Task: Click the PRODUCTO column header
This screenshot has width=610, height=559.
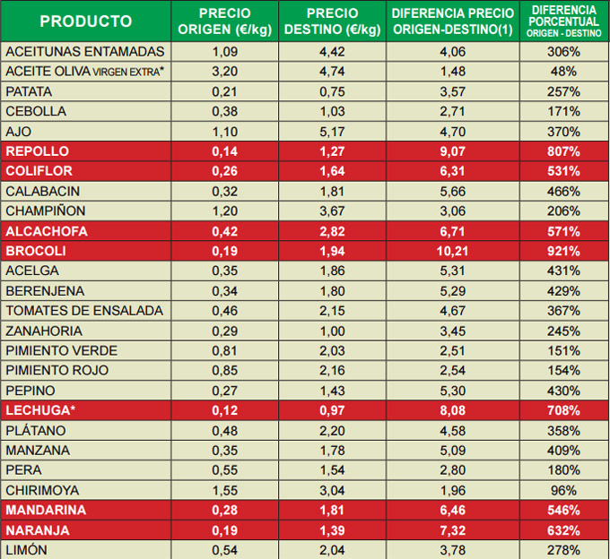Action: (x=86, y=21)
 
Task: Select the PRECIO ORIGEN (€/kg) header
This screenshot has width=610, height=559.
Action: (x=224, y=21)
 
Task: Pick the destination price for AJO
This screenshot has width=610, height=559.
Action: (x=332, y=132)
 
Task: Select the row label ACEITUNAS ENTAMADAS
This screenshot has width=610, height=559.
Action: (x=84, y=52)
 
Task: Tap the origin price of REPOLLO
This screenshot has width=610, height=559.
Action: (x=224, y=151)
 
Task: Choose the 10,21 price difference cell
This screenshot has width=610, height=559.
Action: (x=452, y=251)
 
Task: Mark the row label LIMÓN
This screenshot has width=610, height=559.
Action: (x=27, y=549)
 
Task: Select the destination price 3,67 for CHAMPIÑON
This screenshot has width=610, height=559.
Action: (x=332, y=211)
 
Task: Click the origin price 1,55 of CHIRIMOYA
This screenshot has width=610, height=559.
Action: (x=224, y=490)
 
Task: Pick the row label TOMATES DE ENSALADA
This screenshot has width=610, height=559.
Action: (x=84, y=311)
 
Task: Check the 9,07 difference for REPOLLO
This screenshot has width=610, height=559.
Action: (x=452, y=151)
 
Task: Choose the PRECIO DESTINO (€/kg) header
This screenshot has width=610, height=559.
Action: (x=332, y=21)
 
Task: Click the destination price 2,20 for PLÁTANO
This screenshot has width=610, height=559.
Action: (x=332, y=430)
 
